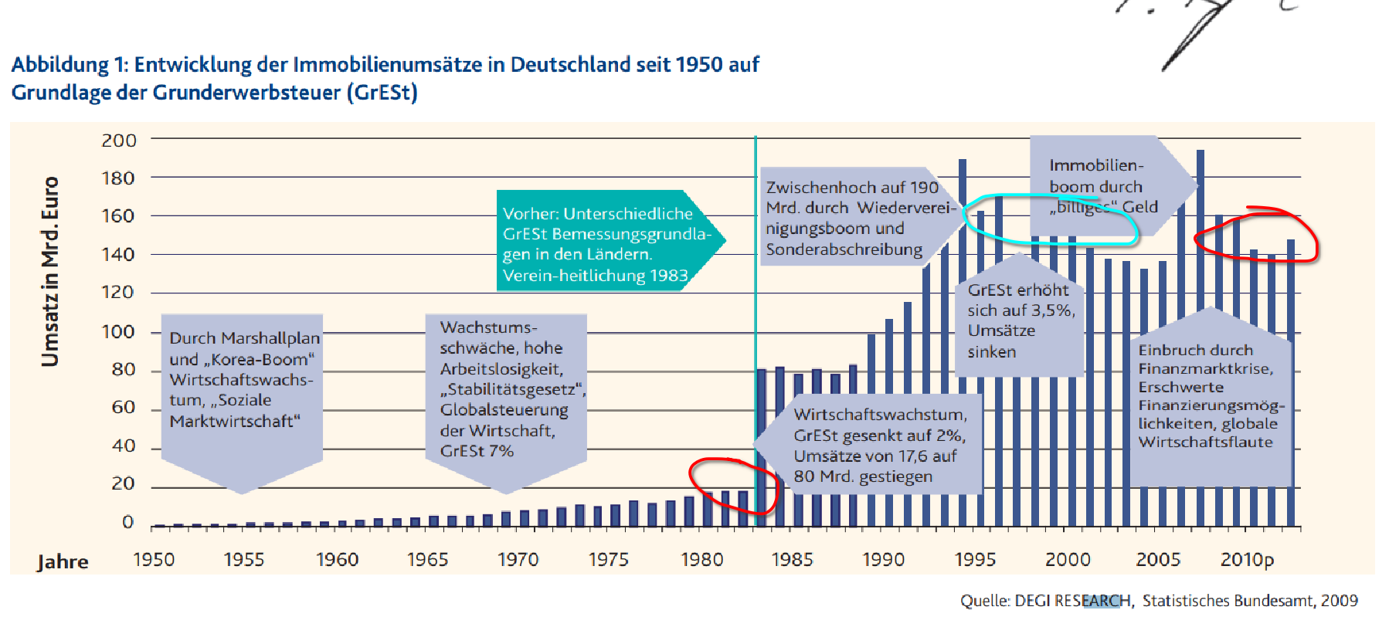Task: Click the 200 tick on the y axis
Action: pos(119,141)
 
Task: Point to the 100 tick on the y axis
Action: pos(118,331)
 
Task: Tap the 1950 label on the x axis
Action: pos(154,559)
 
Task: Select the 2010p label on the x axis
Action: pos(1247,559)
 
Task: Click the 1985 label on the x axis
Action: pos(792,559)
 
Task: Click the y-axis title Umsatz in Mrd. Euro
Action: pos(50,271)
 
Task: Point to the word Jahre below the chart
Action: pos(63,561)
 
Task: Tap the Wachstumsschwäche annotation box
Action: pos(506,389)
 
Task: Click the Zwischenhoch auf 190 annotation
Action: pos(850,219)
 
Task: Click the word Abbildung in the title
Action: pos(59,65)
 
